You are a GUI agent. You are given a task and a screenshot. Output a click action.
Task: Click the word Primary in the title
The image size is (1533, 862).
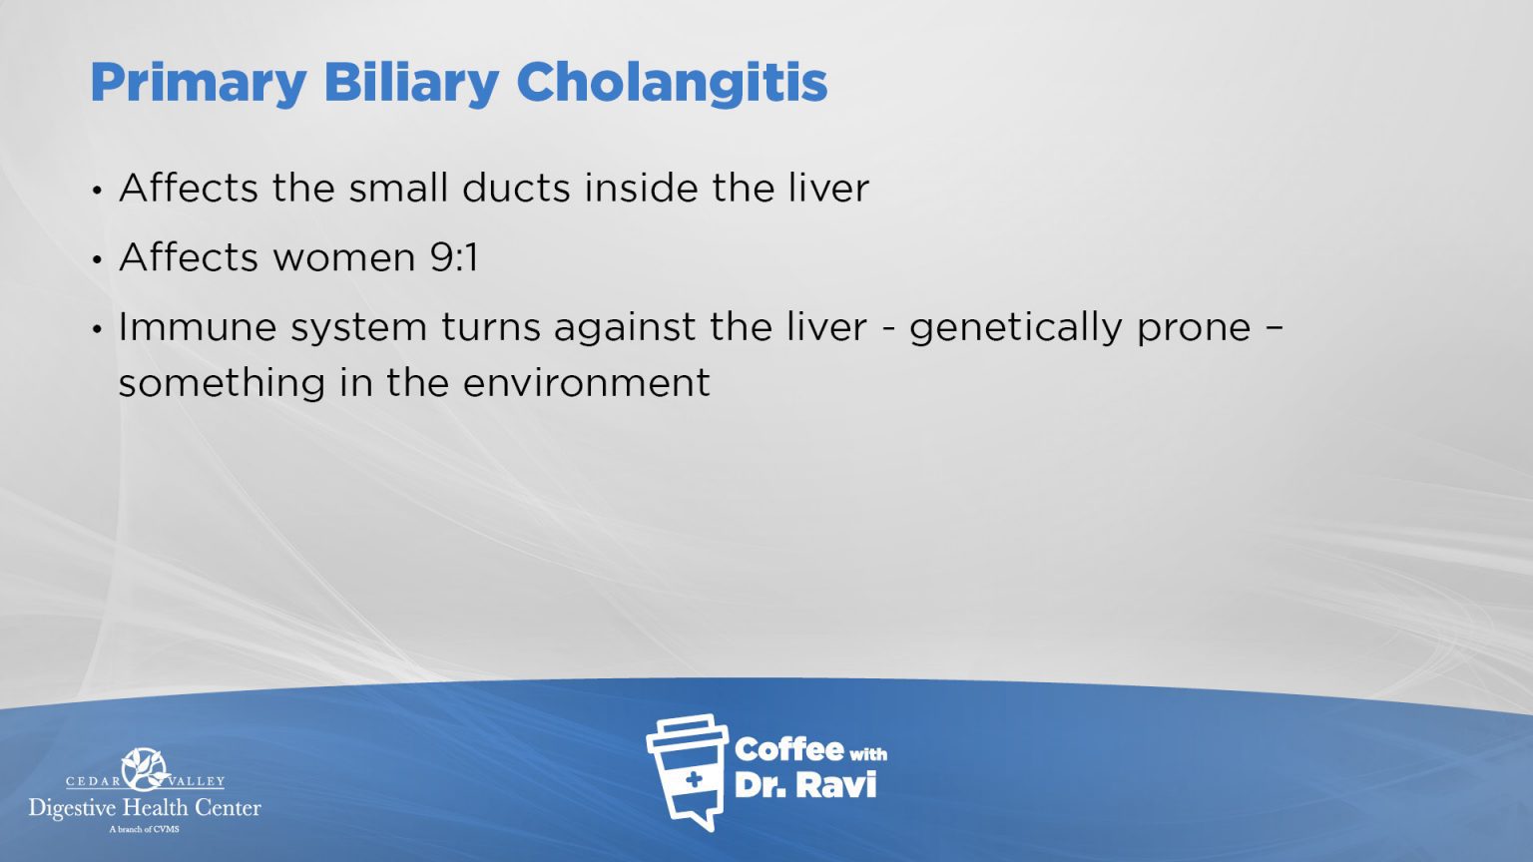(x=198, y=84)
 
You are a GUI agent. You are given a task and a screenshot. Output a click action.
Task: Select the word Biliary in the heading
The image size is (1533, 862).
(x=410, y=84)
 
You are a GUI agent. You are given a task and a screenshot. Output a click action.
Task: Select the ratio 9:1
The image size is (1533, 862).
(x=454, y=257)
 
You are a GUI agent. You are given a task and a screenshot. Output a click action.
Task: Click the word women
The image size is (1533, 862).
(x=343, y=257)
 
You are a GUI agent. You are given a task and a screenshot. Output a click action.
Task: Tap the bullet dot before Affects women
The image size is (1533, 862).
(x=97, y=260)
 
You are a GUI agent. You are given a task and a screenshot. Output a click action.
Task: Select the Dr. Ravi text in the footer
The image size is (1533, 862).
(x=804, y=785)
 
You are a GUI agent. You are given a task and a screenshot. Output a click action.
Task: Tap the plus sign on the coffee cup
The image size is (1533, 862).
(x=693, y=779)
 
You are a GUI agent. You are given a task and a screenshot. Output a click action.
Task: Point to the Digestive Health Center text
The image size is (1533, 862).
(x=145, y=808)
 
